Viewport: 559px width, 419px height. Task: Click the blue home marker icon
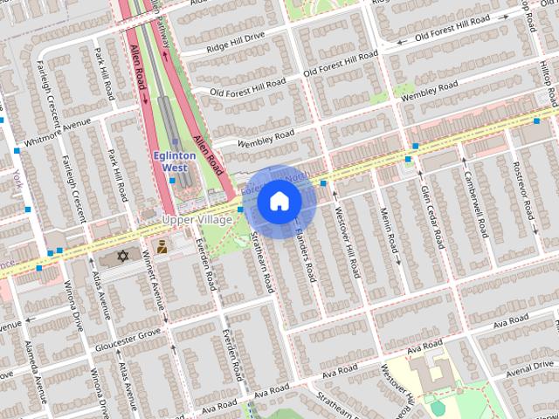pos(279,202)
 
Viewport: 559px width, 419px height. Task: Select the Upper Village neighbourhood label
pos(198,219)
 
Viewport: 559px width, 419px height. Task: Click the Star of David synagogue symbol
pos(122,256)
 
